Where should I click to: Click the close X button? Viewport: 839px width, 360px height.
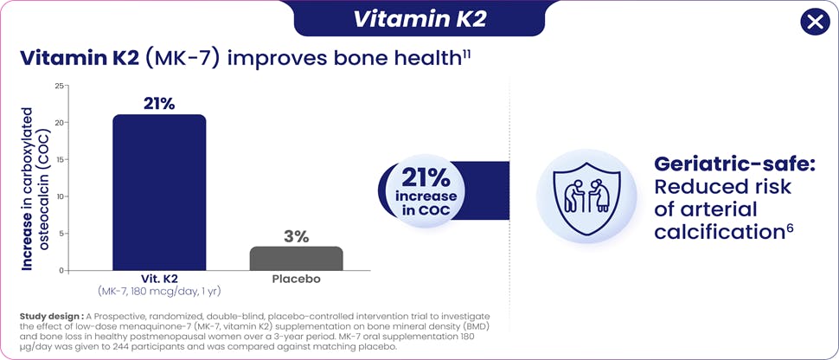[x=814, y=22]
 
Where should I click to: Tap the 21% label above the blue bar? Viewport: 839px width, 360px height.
[x=159, y=104]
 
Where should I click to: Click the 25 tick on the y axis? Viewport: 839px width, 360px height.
[x=59, y=86]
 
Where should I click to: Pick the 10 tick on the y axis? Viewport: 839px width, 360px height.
[x=59, y=196]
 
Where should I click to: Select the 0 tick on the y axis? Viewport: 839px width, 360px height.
[x=61, y=271]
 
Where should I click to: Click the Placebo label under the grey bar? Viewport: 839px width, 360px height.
[x=297, y=280]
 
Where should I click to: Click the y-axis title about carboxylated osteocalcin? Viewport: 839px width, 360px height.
[x=35, y=189]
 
